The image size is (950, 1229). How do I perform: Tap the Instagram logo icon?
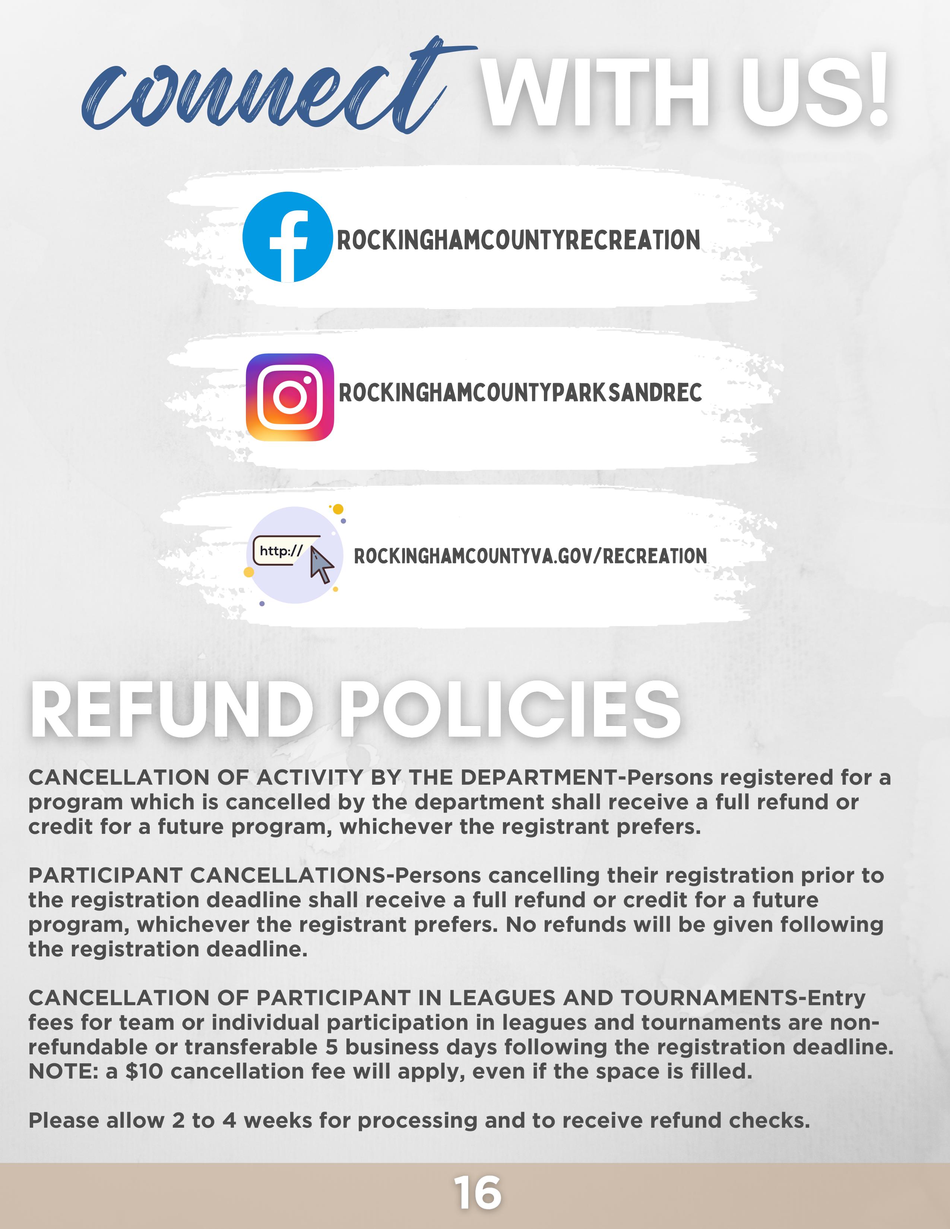[x=290, y=397]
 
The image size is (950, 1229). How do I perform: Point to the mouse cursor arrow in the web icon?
[x=322, y=565]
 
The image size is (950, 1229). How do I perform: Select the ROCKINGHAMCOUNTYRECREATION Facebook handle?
[x=518, y=240]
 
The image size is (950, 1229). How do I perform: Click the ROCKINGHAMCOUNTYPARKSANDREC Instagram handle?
[x=520, y=393]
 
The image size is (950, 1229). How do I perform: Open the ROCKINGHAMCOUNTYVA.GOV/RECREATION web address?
[x=530, y=556]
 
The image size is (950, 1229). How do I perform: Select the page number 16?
[x=477, y=1193]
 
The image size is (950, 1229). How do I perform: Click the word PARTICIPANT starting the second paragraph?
[x=105, y=876]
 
